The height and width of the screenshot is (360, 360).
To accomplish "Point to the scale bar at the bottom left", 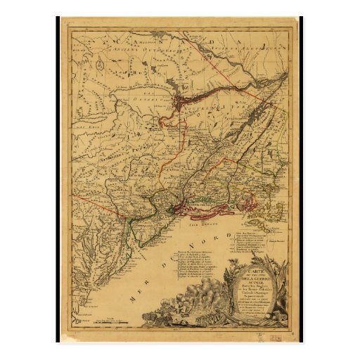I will tap(105, 321).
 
